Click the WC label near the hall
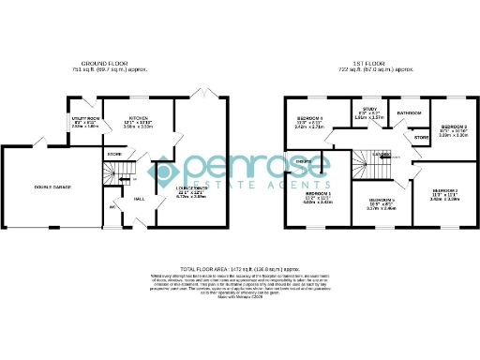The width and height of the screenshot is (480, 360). (111, 207)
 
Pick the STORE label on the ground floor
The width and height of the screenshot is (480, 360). (113, 153)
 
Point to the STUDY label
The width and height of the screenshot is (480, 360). (369, 111)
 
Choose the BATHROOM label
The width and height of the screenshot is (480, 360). (409, 112)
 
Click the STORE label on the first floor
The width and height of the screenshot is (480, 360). (421, 138)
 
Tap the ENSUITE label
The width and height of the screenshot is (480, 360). (304, 161)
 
